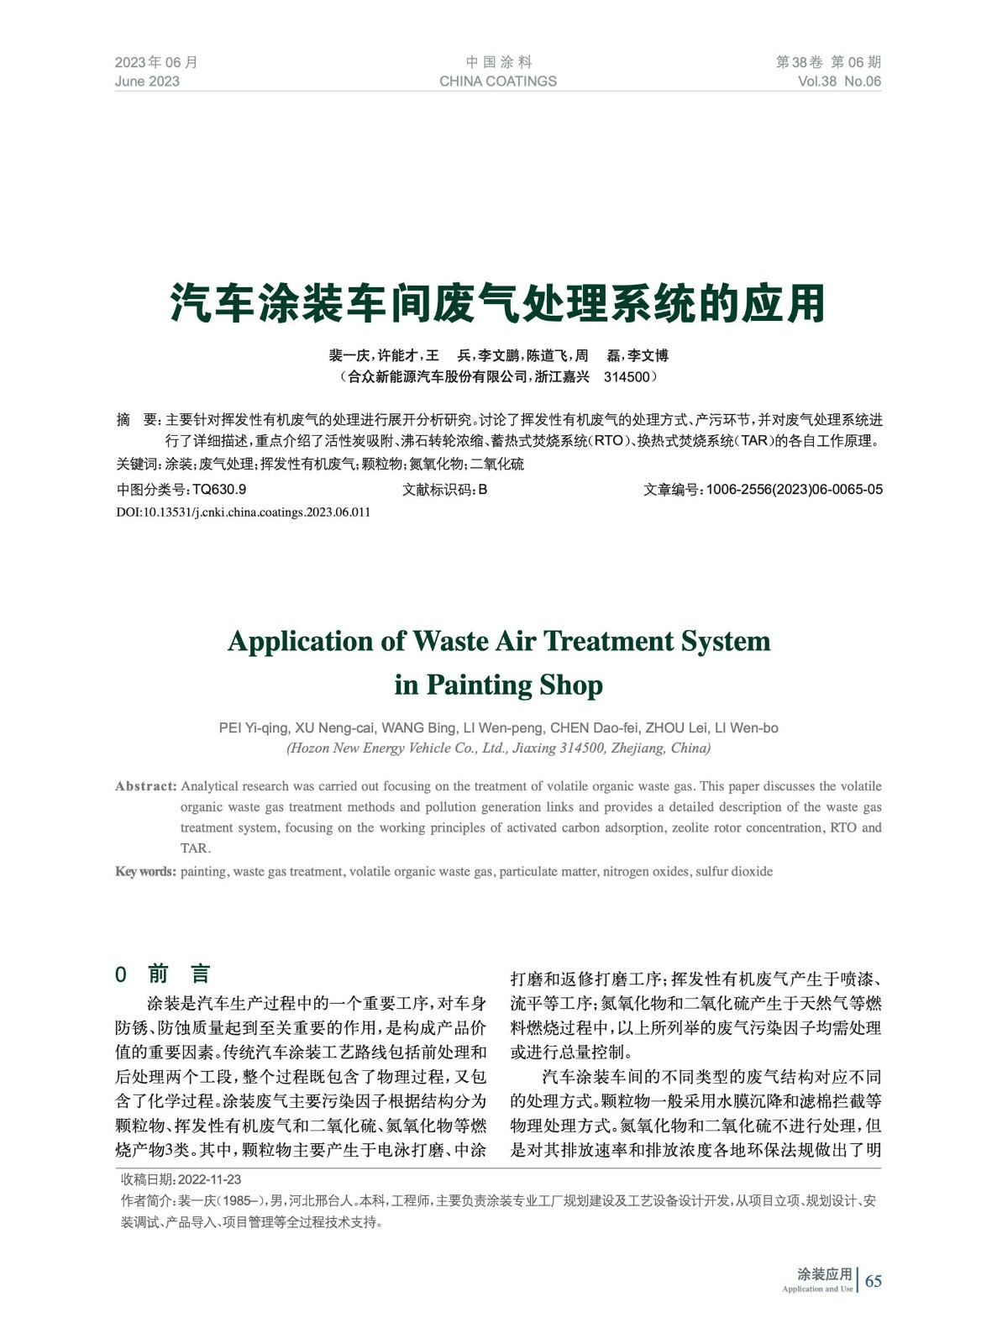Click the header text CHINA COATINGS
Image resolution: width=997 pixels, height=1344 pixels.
tap(497, 81)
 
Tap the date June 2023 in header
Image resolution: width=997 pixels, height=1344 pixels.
tap(147, 81)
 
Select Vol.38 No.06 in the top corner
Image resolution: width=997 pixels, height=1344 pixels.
tap(839, 81)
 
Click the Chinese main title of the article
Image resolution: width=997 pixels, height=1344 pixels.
tap(498, 303)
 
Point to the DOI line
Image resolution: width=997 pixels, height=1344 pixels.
tap(243, 512)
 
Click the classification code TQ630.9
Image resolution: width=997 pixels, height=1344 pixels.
tap(219, 490)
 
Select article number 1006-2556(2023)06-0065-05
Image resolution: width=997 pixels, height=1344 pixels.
tap(794, 490)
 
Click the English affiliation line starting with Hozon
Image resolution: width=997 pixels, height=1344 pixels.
tap(498, 748)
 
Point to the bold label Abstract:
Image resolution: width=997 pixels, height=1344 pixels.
tap(145, 786)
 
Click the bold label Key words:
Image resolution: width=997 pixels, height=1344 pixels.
tap(145, 872)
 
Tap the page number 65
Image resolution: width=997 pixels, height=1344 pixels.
tap(874, 1281)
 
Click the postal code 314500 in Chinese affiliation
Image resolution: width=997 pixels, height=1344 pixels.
tap(627, 377)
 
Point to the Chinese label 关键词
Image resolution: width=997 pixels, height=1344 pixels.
tap(136, 465)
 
